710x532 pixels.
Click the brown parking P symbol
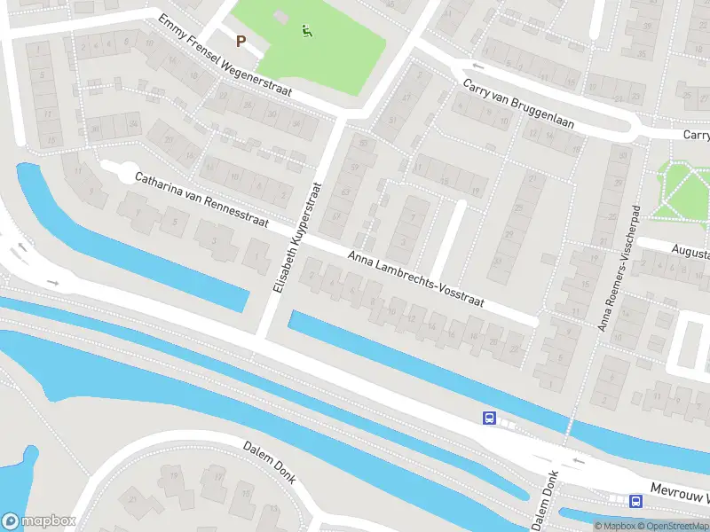pos(241,40)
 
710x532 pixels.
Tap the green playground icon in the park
pos(307,31)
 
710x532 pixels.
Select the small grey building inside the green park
pos(281,17)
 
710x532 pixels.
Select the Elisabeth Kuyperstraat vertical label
pos(294,237)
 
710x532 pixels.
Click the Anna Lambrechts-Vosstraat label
pos(415,278)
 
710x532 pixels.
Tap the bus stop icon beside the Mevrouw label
pos(635,501)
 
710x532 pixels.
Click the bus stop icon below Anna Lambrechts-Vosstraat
pos(488,418)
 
